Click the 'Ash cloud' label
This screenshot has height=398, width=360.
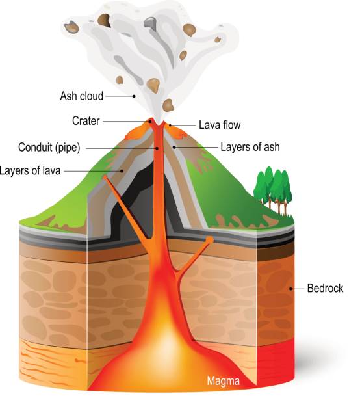pyautogui.click(x=82, y=96)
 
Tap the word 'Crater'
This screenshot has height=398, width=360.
pyautogui.click(x=86, y=121)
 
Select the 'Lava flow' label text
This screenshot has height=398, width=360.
pyautogui.click(x=220, y=125)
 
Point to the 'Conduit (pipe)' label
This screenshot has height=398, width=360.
pyautogui.click(x=49, y=147)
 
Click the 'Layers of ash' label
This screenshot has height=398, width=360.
pyautogui.click(x=250, y=147)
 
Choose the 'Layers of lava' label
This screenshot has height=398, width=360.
pyautogui.click(x=30, y=170)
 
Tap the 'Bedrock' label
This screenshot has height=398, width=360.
pyautogui.click(x=325, y=288)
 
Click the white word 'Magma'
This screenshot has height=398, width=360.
pyautogui.click(x=224, y=381)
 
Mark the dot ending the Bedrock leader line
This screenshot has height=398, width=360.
pyautogui.click(x=290, y=289)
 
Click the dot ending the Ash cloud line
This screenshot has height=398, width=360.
pyautogui.click(x=134, y=96)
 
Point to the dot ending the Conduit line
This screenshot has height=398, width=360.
pyautogui.click(x=157, y=148)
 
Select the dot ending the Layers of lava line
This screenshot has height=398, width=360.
pyautogui.click(x=122, y=171)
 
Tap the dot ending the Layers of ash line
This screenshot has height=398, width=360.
pyautogui.click(x=174, y=147)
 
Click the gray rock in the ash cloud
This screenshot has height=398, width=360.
pyautogui.click(x=151, y=23)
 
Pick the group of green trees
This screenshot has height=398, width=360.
pyautogui.click(x=273, y=191)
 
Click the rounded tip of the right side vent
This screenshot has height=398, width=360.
pyautogui.click(x=209, y=239)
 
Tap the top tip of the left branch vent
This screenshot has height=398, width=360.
pyautogui.click(x=105, y=177)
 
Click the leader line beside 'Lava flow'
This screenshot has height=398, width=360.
pyautogui.click(x=183, y=125)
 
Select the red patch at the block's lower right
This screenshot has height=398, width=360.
pyautogui.click(x=276, y=360)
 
